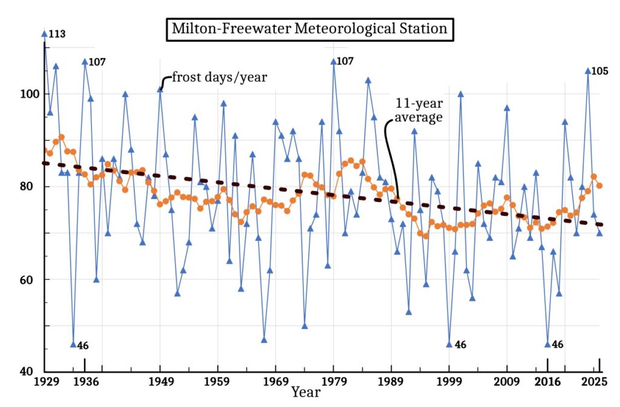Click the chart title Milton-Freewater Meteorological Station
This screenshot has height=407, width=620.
coord(309,28)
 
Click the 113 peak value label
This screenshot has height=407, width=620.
coord(58,34)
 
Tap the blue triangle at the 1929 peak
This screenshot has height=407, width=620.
coord(44,34)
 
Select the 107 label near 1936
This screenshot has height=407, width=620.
coord(97,62)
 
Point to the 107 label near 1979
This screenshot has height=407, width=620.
coord(345,61)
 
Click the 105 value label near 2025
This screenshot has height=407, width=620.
coord(600,71)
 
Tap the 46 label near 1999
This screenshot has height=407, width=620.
coord(460,345)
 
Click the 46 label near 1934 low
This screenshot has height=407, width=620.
coord(83,346)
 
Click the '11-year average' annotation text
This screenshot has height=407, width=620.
coord(418,109)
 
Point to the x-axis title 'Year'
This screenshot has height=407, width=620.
coord(306,392)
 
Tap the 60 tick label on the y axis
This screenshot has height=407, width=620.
coord(31,280)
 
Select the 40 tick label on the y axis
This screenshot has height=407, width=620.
coord(31,372)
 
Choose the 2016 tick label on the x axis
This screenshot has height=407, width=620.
coord(547,382)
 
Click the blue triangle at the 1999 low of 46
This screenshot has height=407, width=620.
coord(449,344)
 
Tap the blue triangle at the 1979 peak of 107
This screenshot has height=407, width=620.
coord(333,62)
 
